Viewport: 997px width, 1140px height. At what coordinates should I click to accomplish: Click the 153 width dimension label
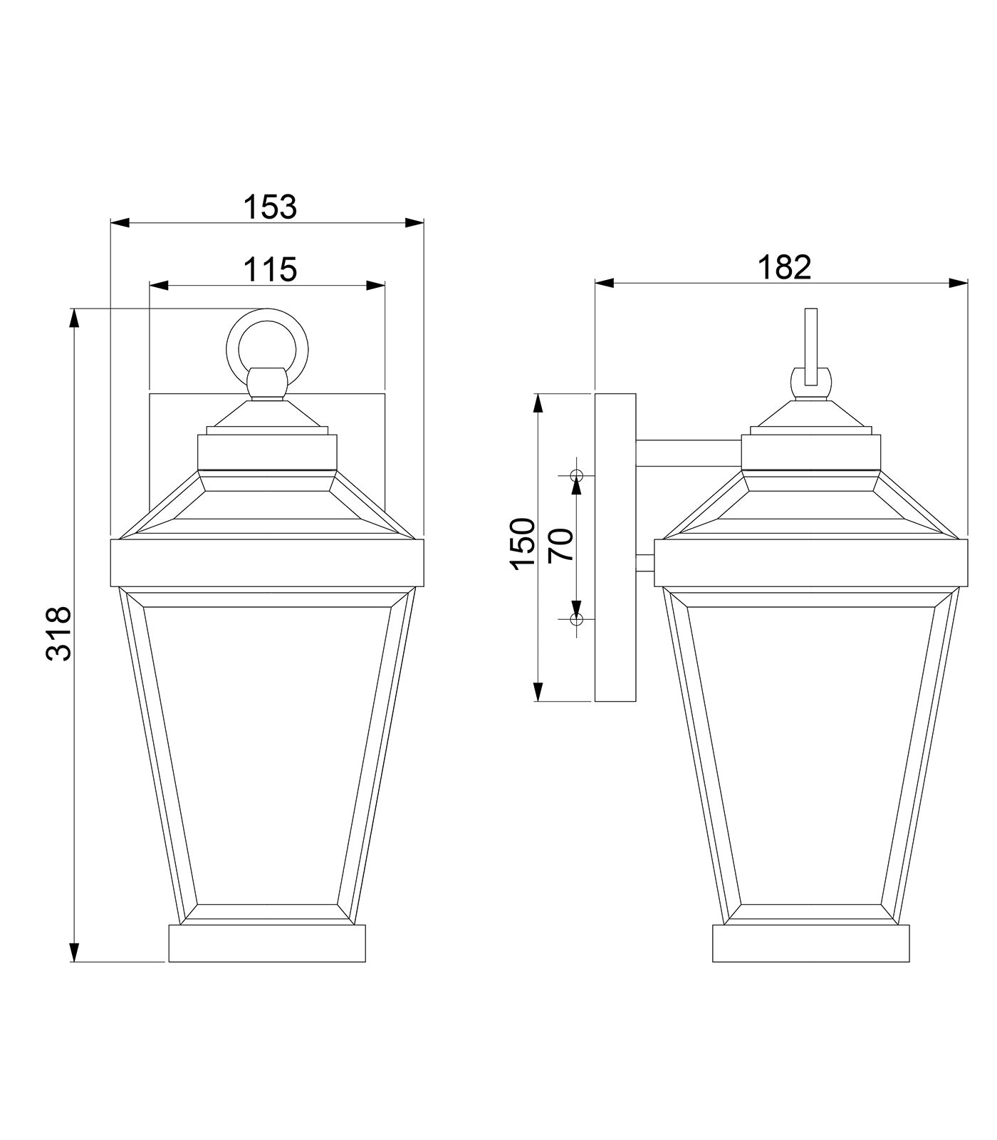click(x=270, y=207)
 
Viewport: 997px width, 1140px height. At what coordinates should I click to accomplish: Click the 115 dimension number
click(x=270, y=270)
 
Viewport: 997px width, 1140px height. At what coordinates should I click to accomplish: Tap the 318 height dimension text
click(x=59, y=634)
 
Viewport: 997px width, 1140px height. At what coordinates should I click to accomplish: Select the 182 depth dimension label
click(x=784, y=267)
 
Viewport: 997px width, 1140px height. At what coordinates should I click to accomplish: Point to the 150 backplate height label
click(x=523, y=544)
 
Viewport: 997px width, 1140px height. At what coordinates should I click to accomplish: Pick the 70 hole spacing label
click(x=562, y=545)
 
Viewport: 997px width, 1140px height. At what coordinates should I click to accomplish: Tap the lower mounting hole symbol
click(x=576, y=619)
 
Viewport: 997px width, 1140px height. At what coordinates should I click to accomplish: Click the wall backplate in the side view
click(x=615, y=547)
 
